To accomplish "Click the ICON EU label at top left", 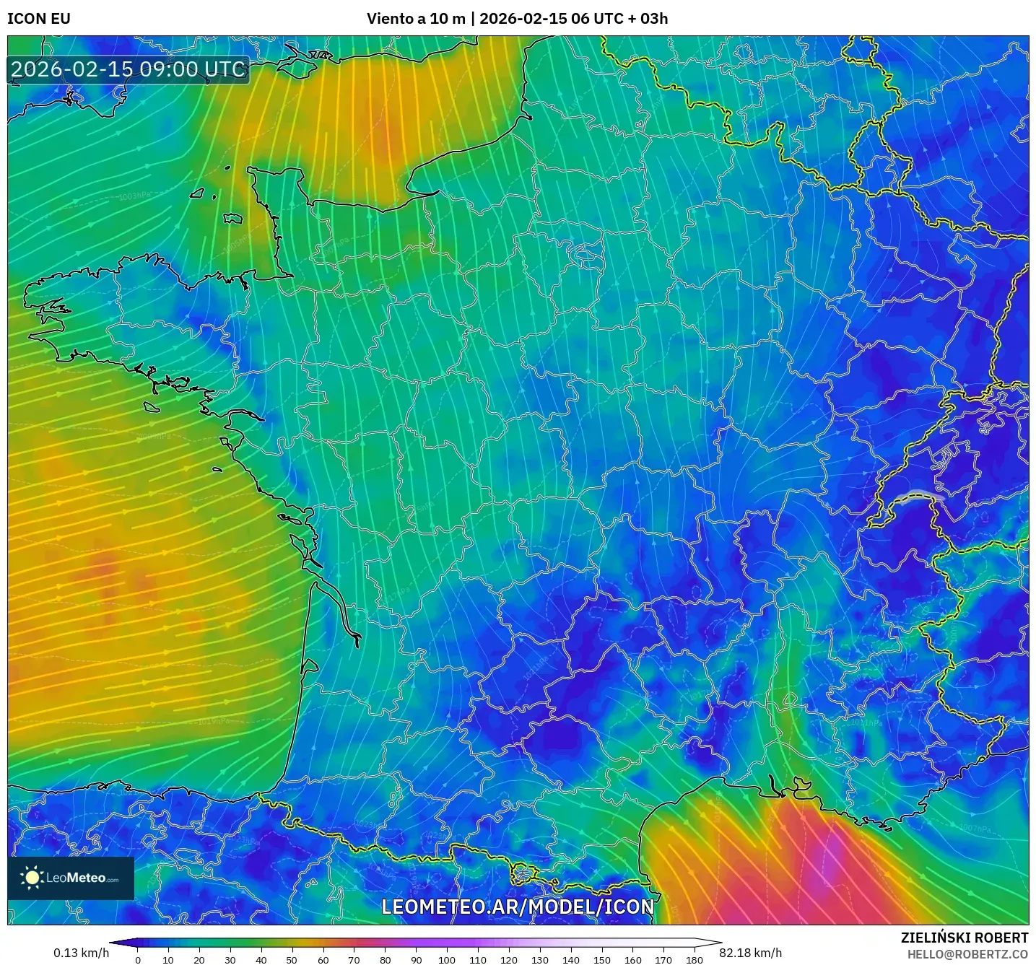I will [x=39, y=19].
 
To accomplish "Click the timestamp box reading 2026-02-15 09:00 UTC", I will [x=129, y=69].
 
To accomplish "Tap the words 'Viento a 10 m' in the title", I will [x=416, y=19].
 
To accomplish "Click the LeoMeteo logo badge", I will [x=71, y=878].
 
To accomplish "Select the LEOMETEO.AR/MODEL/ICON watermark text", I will [x=518, y=907].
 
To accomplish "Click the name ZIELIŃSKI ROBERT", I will [x=965, y=938].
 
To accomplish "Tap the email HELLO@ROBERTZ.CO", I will [x=967, y=954].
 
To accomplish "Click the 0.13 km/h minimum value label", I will [x=81, y=953].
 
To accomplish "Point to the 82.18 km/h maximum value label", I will [x=751, y=953].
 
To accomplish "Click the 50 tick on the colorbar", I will [x=292, y=960].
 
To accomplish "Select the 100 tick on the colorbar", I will [x=447, y=960].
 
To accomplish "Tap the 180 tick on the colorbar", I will [x=695, y=960].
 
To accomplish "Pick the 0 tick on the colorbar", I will [x=137, y=960].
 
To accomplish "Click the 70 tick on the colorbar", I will [x=354, y=960].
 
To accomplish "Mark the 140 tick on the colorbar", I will [x=571, y=960].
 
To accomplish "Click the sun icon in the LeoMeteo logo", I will [x=32, y=878].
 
